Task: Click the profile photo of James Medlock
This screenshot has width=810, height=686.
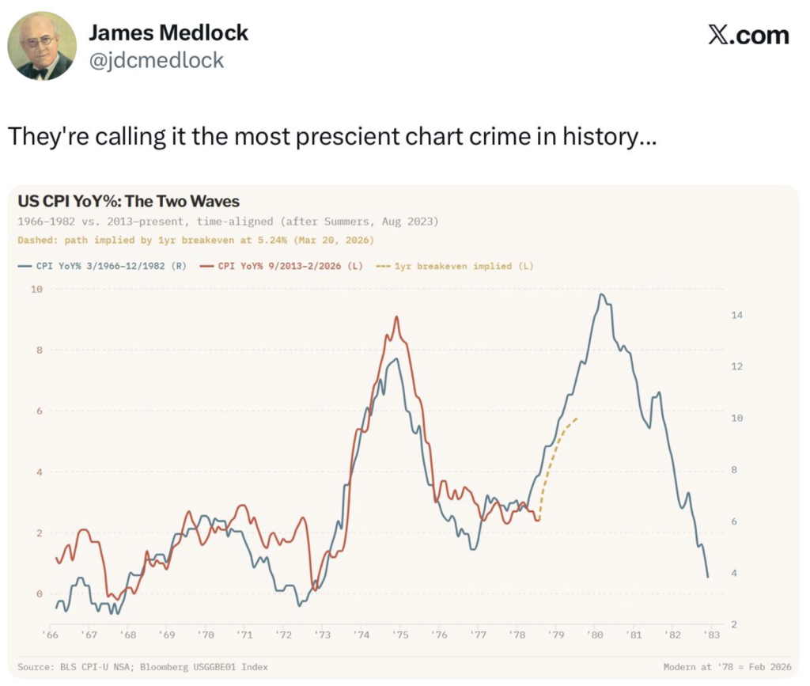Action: [42, 46]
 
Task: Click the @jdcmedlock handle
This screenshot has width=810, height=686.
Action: [156, 60]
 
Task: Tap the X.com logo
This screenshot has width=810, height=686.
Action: [748, 36]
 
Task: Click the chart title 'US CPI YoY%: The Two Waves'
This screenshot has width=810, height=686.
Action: [128, 201]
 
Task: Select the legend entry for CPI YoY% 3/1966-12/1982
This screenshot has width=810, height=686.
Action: [102, 266]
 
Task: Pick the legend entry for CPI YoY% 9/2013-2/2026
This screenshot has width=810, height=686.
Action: [282, 266]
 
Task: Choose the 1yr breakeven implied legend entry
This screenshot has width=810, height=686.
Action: [456, 266]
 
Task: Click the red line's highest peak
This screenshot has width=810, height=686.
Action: [396, 317]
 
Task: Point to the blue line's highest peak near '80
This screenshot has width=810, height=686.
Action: [602, 295]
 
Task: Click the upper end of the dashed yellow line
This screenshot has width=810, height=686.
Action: [577, 417]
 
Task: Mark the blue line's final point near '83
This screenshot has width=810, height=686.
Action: [707, 577]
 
